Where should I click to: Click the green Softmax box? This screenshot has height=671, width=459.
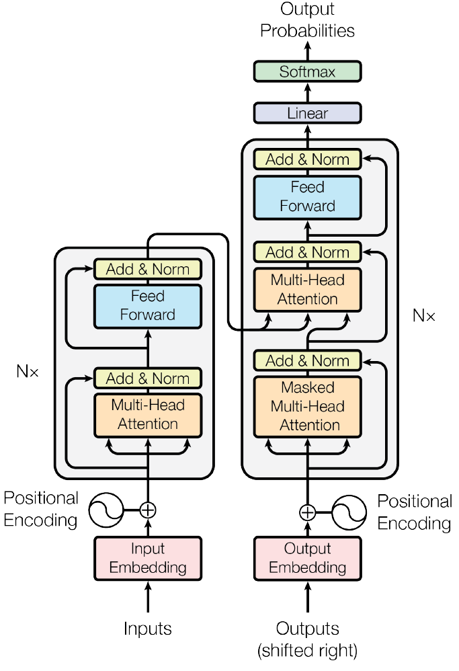coord(307,71)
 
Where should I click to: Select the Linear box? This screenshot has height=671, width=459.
coord(307,113)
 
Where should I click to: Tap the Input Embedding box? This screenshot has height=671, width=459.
coord(148,558)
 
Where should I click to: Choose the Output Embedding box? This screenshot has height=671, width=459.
coord(307,558)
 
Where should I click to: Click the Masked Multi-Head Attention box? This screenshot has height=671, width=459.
coord(307,406)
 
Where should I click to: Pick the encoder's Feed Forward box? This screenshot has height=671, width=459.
coord(148,305)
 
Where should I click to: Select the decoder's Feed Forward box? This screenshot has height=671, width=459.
coord(307,196)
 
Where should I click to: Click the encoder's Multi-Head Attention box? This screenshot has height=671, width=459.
coord(148,414)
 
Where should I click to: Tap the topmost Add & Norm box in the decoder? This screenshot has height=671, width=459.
coord(307,160)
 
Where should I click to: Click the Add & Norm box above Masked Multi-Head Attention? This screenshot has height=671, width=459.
coord(307,361)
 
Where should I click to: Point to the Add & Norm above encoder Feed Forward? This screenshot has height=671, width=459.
coord(148,270)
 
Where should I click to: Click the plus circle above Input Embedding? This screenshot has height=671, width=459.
coord(148,510)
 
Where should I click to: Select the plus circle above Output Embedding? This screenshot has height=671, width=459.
coord(307,512)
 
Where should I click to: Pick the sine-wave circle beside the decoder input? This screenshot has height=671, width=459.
coord(349,512)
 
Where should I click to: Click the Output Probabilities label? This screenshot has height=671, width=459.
coord(307,20)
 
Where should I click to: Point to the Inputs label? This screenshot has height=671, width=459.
coord(148,629)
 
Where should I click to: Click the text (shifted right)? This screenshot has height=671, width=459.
coord(307,650)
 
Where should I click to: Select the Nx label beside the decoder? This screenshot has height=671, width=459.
coord(424,315)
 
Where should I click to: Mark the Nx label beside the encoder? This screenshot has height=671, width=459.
coord(28,370)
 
